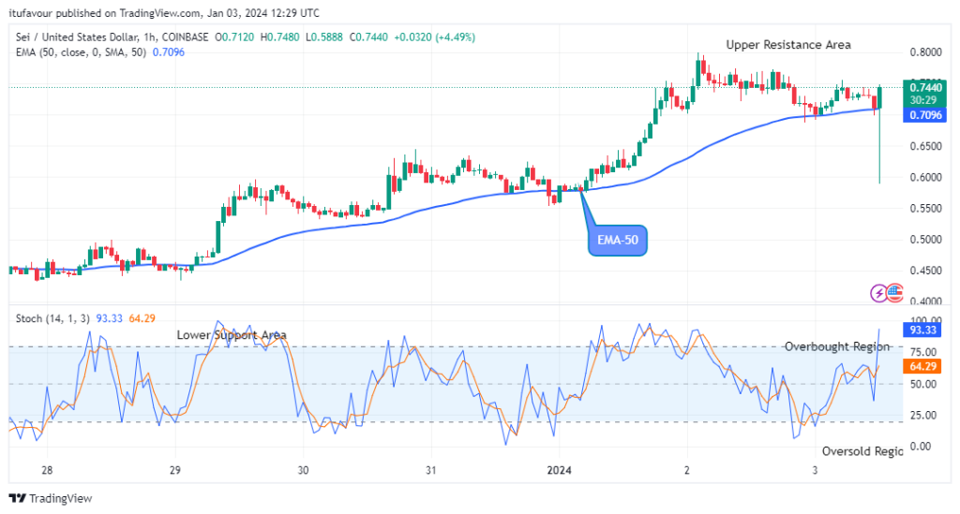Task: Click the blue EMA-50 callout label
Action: click(x=619, y=241)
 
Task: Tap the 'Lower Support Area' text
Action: click(x=232, y=334)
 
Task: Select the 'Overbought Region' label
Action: click(x=836, y=346)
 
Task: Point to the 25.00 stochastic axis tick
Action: click(x=922, y=415)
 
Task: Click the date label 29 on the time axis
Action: click(x=175, y=469)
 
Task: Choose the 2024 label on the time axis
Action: click(x=558, y=469)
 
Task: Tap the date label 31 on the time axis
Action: click(x=430, y=469)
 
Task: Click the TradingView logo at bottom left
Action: click(x=52, y=498)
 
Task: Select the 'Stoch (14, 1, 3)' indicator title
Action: click(x=52, y=318)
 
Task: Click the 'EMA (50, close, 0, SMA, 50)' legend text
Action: click(x=82, y=52)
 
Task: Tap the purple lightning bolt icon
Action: click(x=878, y=293)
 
